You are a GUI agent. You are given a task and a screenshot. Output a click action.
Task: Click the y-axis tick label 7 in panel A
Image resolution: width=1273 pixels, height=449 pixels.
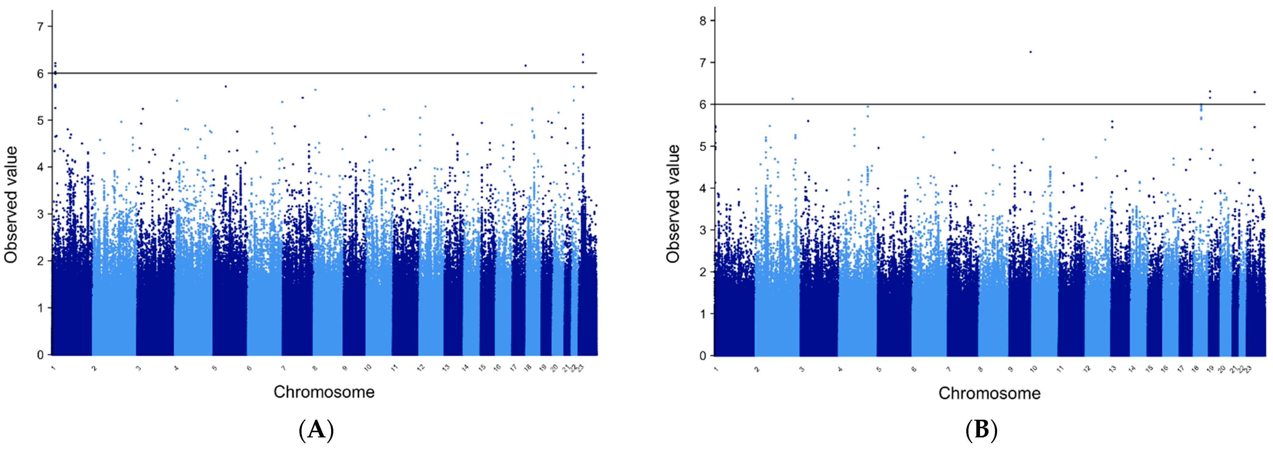(41, 26)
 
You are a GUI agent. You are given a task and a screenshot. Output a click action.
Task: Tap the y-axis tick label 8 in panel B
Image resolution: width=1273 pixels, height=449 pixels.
(703, 21)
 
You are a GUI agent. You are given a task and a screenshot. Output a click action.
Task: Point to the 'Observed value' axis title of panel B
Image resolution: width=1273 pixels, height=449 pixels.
(673, 203)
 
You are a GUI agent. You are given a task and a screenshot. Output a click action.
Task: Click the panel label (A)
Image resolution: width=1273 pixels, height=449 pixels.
(316, 430)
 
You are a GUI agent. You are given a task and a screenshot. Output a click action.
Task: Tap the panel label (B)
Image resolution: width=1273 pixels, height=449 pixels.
(981, 430)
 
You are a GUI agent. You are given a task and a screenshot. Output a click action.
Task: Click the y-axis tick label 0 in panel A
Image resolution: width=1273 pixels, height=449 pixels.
(41, 355)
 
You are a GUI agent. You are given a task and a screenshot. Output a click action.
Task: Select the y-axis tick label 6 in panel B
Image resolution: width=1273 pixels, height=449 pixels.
(703, 104)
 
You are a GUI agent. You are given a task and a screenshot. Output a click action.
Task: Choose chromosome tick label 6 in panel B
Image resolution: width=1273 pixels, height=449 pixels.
(914, 369)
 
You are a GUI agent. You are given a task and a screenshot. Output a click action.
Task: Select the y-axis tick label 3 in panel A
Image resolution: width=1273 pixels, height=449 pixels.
(41, 214)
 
